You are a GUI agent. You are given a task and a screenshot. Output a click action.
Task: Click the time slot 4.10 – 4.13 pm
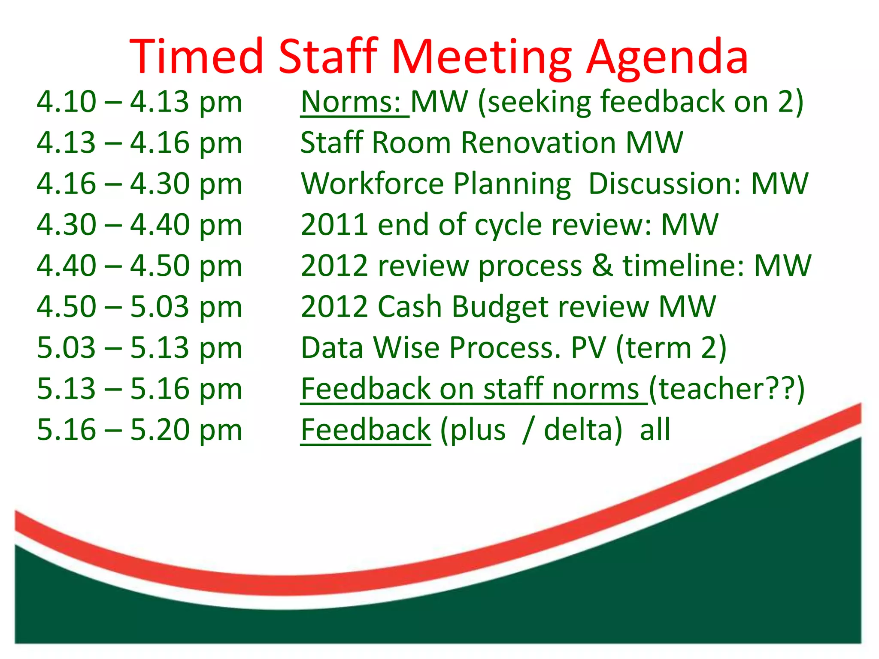[x=139, y=103]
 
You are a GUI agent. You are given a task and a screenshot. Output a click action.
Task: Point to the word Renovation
[x=539, y=143]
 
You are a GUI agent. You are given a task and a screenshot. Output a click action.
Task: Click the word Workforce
[x=372, y=184]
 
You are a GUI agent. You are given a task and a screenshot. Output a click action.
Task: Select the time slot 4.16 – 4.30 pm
[x=139, y=184]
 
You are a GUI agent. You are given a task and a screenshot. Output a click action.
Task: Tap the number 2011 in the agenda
[x=334, y=225]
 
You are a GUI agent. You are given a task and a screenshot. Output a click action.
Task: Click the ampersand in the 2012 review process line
[x=603, y=266]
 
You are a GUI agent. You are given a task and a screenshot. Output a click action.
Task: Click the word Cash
[x=409, y=307]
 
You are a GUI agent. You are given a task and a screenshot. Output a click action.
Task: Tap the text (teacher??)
[x=726, y=389]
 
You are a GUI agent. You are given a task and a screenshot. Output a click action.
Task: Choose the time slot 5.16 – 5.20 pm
[x=139, y=430]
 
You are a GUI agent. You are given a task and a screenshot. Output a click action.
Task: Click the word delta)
[x=583, y=430]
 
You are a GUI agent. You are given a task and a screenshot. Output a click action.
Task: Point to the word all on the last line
[x=655, y=430]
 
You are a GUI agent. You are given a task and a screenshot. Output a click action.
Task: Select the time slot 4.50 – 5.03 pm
[x=139, y=307]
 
